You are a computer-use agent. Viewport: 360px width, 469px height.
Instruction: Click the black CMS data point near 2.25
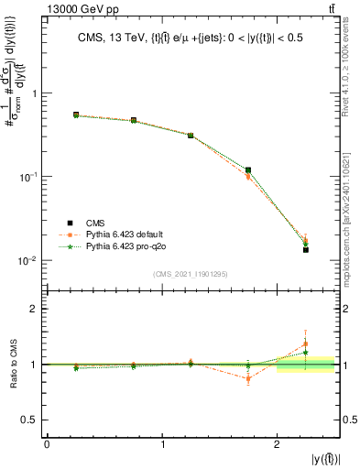(306, 249)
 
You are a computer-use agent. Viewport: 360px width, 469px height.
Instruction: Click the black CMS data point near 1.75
(248, 169)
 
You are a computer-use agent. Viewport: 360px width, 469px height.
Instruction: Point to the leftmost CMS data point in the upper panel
(76, 115)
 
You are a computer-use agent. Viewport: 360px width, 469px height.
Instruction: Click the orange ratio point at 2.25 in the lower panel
(306, 344)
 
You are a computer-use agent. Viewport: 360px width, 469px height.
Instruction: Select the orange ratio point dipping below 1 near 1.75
(248, 378)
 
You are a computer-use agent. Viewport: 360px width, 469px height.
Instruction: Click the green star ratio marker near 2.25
(306, 353)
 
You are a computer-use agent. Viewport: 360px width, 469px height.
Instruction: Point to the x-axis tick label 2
(277, 443)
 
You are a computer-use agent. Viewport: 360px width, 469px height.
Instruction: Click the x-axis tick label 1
(162, 443)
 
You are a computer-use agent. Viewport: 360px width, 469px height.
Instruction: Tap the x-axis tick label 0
(47, 443)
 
